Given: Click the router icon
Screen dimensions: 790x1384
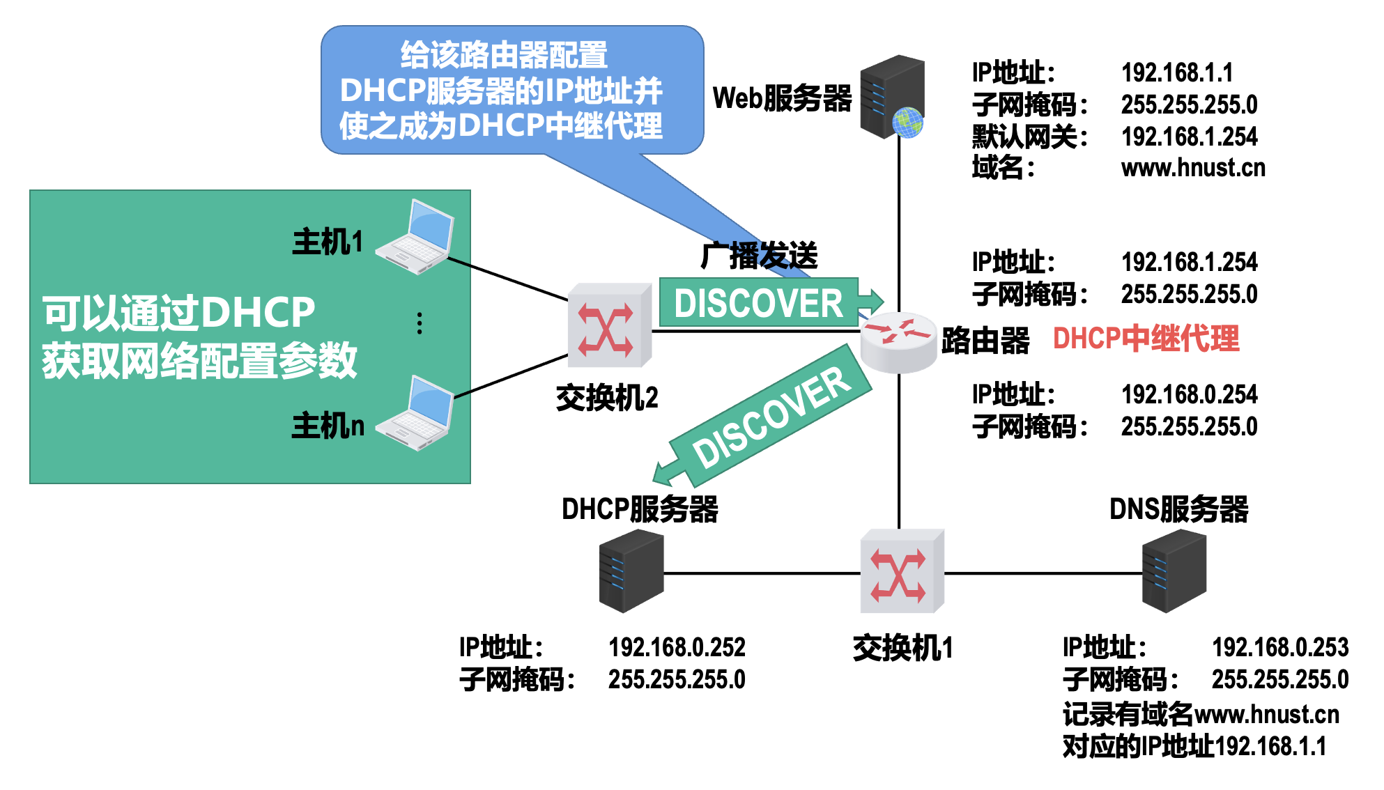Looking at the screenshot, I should click(x=898, y=341).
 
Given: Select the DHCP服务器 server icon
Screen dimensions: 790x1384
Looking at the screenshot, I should click(x=631, y=571).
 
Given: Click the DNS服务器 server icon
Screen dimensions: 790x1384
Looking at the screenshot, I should click(x=1174, y=571).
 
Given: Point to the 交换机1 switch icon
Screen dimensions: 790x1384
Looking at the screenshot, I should click(x=902, y=571).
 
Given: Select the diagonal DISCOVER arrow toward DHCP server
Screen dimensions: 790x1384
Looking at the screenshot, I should click(x=767, y=418).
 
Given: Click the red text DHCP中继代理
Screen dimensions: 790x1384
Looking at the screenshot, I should click(x=1146, y=339).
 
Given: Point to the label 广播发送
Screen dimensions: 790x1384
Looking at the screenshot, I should click(x=759, y=256).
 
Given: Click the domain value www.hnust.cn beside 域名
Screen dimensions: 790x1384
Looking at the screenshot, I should click(x=1193, y=168).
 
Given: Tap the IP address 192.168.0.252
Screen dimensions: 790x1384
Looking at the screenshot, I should click(x=677, y=647).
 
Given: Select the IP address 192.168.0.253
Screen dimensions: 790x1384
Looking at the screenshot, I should click(x=1280, y=647).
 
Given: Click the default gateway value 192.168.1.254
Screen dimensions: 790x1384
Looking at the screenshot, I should click(x=1189, y=137).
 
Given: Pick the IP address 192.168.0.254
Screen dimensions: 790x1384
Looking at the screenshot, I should click(x=1189, y=394).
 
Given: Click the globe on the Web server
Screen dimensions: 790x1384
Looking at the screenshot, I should click(x=907, y=123).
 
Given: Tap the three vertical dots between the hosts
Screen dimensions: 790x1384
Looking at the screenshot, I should click(x=420, y=323).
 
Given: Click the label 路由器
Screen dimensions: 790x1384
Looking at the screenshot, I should click(x=985, y=341).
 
